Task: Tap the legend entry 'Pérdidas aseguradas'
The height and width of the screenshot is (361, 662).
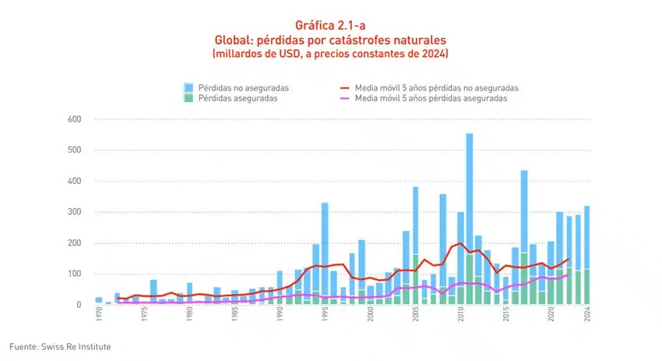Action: click(234, 98)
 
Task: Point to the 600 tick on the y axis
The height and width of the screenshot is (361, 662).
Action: click(75, 119)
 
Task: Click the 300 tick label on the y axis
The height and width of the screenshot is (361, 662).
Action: click(75, 212)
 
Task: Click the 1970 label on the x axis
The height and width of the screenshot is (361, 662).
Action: click(99, 316)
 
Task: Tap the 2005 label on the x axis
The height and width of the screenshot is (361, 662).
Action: click(416, 316)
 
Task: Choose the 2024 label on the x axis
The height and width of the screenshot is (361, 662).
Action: click(587, 316)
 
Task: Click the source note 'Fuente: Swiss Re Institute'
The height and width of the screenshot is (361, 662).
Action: click(55, 345)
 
